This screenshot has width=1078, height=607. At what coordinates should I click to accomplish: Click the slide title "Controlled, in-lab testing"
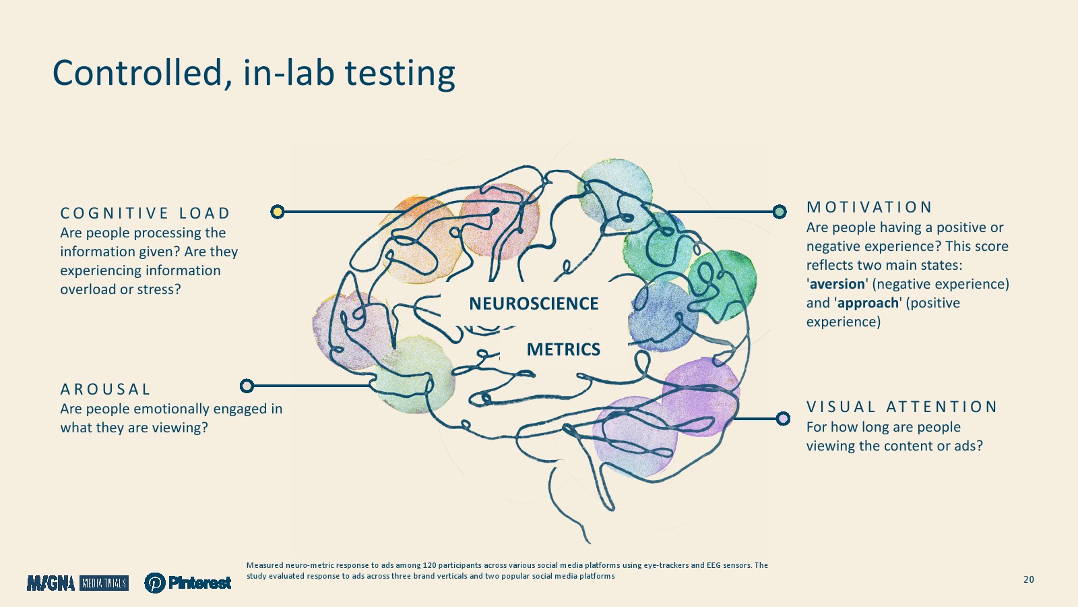253,74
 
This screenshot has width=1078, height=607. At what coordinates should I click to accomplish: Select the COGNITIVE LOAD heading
146,213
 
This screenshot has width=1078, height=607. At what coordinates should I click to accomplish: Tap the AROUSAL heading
105,388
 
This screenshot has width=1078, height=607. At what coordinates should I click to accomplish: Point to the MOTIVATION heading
869,207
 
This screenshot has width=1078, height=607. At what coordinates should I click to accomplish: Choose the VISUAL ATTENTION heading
901,407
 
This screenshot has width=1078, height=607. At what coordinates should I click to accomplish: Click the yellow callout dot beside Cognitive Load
277,212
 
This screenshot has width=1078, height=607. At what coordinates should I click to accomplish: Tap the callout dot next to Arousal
247,385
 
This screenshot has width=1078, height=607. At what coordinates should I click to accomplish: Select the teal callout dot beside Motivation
780,212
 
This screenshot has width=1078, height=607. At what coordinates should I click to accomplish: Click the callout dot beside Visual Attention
784,419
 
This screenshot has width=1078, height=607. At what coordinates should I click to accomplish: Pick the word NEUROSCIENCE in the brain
534,304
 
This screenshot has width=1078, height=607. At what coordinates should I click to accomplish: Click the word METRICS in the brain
563,349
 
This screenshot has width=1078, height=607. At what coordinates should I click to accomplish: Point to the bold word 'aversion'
837,284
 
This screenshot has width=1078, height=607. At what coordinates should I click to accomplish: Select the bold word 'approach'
868,303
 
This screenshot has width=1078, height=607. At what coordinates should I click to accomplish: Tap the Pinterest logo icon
155,583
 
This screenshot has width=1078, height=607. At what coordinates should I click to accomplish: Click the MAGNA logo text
51,583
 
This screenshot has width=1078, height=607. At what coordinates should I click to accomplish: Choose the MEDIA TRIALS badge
104,583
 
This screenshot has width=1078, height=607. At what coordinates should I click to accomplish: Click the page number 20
1028,579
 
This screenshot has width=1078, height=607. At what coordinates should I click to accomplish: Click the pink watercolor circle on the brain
499,221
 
